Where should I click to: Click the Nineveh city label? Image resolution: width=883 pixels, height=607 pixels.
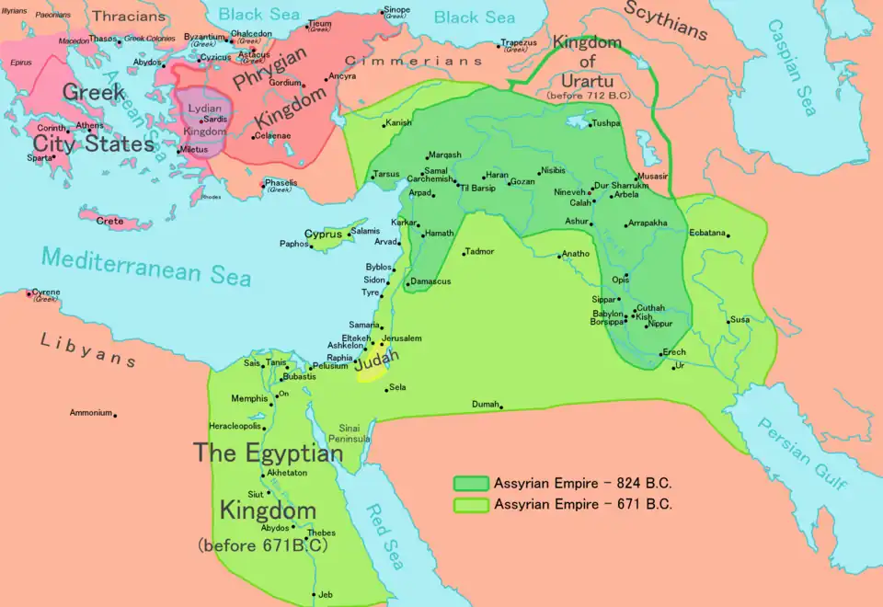click(569, 192)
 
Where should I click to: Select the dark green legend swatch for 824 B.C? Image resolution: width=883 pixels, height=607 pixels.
click(471, 483)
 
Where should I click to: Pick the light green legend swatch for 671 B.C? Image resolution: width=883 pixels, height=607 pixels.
click(471, 504)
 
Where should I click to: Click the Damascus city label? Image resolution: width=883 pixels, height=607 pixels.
click(430, 281)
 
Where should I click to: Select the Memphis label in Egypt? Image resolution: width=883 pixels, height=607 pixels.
click(250, 398)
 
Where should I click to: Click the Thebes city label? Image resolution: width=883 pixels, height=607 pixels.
click(321, 533)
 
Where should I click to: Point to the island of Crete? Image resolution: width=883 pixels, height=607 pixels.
click(114, 222)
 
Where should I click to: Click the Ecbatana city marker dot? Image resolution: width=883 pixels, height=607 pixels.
click(728, 236)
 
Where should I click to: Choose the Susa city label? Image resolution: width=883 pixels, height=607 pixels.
click(740, 320)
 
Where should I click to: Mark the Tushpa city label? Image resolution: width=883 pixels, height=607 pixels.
click(606, 122)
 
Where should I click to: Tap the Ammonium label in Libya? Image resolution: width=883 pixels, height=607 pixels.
click(90, 413)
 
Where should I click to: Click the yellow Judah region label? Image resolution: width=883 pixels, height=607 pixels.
click(377, 362)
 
